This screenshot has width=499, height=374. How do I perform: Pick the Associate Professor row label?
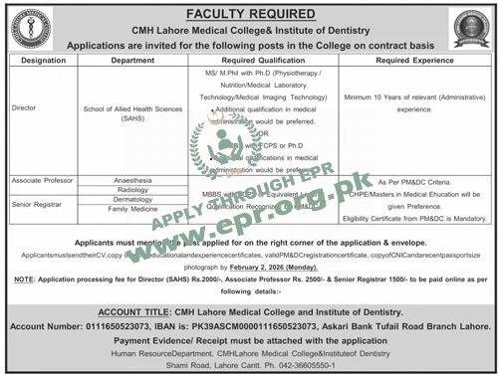click(x=41, y=182)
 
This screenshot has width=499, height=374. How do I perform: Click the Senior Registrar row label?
click(x=37, y=204)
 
